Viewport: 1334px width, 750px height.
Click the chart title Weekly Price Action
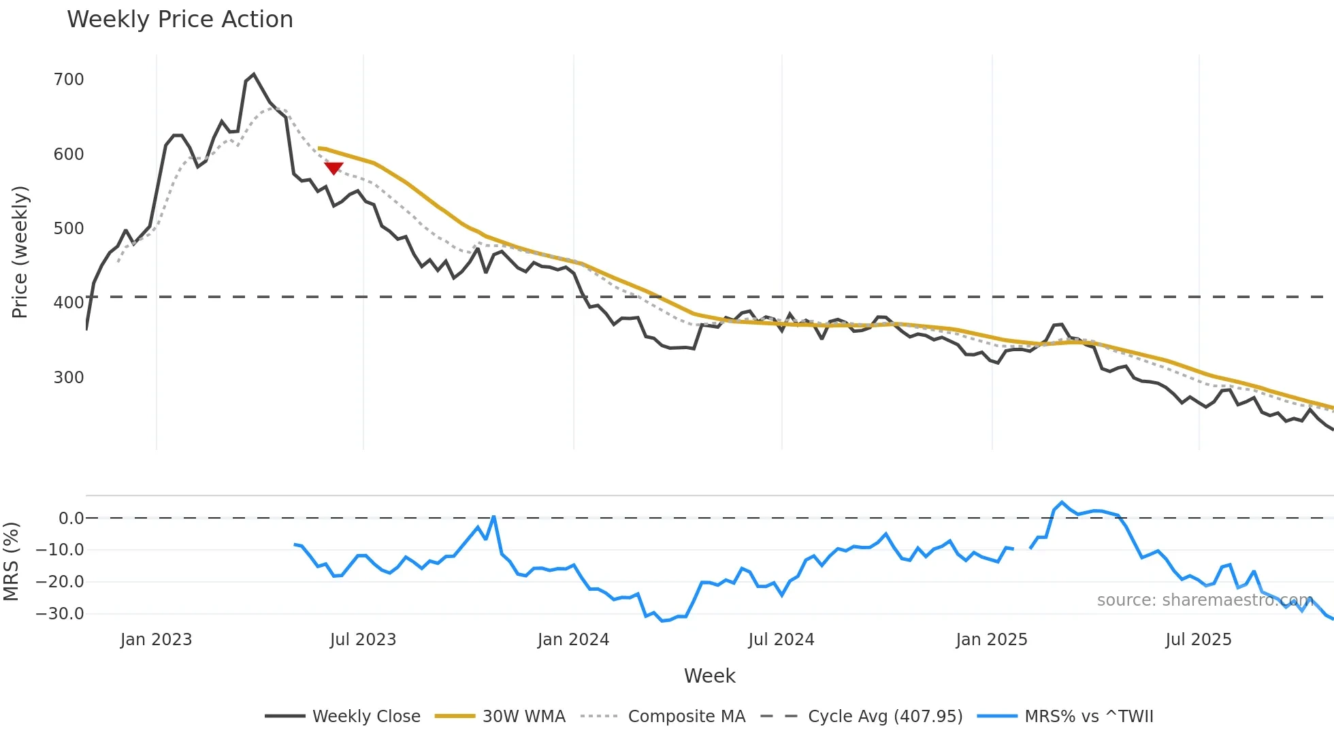[180, 20]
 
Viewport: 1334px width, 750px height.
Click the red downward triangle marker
[333, 167]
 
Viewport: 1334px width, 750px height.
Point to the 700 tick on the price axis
[69, 80]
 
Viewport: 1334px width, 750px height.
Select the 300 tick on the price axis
[69, 378]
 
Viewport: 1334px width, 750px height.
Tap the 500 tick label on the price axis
[69, 229]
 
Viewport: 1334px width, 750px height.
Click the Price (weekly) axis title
[20, 252]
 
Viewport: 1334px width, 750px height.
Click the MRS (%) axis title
[11, 561]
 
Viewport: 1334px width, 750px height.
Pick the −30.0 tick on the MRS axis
[60, 614]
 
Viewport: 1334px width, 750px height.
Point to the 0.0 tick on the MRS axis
[71, 519]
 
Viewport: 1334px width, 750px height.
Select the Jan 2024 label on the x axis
[573, 640]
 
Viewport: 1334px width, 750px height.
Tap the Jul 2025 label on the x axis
[1198, 640]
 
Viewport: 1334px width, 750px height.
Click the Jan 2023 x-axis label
[156, 640]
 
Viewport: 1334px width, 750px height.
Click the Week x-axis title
[709, 676]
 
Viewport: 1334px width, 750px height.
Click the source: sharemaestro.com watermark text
[1205, 600]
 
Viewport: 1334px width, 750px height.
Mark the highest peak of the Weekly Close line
[254, 74]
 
